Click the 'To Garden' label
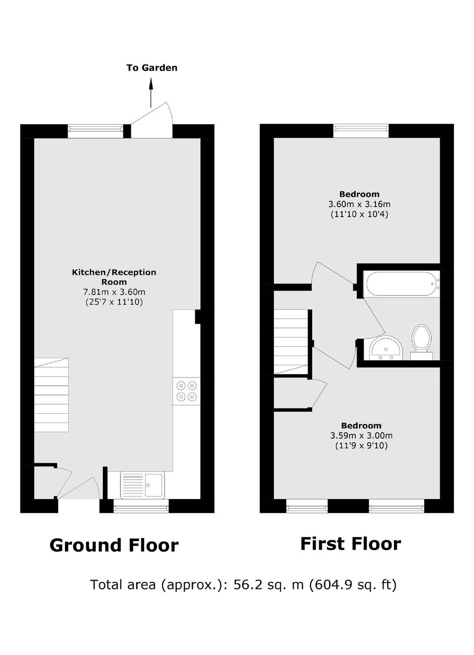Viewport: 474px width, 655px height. (x=152, y=68)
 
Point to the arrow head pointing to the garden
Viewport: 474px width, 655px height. (x=151, y=83)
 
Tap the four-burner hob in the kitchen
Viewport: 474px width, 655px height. (x=187, y=391)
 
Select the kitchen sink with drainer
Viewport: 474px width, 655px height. (x=142, y=485)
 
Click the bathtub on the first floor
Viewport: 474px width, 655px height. (x=401, y=284)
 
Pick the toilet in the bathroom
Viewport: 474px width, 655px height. (x=422, y=342)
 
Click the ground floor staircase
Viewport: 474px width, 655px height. (x=51, y=395)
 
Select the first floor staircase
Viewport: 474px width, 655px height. (x=291, y=342)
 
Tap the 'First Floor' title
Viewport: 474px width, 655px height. (x=350, y=543)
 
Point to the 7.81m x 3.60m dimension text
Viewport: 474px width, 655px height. (x=114, y=292)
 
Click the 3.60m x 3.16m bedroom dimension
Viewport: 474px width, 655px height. (x=360, y=204)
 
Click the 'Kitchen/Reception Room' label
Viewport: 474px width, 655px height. (x=114, y=277)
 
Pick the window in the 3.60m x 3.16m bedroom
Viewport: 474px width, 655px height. (x=361, y=131)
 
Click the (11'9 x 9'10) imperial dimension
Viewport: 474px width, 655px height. (x=361, y=446)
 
